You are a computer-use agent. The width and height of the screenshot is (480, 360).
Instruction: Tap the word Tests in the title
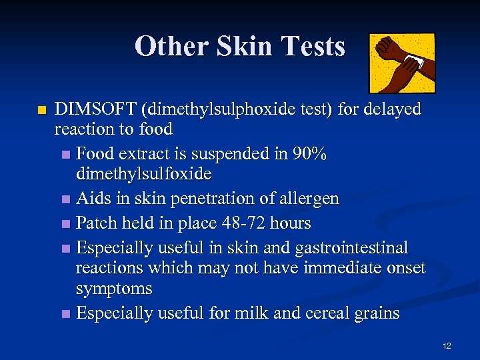point(313,47)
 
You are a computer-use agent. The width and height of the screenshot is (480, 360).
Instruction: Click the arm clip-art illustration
point(402,63)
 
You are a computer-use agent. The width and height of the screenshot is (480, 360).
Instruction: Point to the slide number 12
point(447,345)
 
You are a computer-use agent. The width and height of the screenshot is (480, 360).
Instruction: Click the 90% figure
point(310,154)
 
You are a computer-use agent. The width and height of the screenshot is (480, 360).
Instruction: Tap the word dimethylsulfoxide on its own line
point(143,174)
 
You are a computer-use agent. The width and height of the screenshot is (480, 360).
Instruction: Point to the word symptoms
point(114,289)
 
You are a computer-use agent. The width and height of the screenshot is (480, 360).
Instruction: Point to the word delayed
point(392,109)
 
